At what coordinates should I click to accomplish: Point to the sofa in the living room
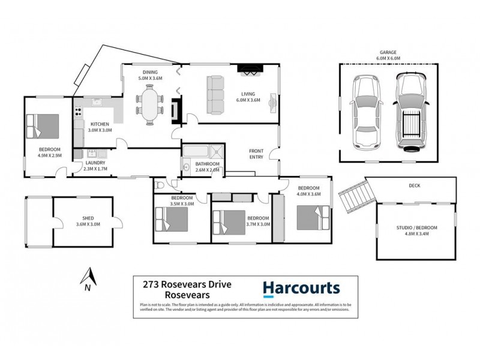[214, 95]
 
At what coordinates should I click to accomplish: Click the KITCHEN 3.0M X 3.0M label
[100, 127]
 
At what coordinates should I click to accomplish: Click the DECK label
[413, 186]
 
